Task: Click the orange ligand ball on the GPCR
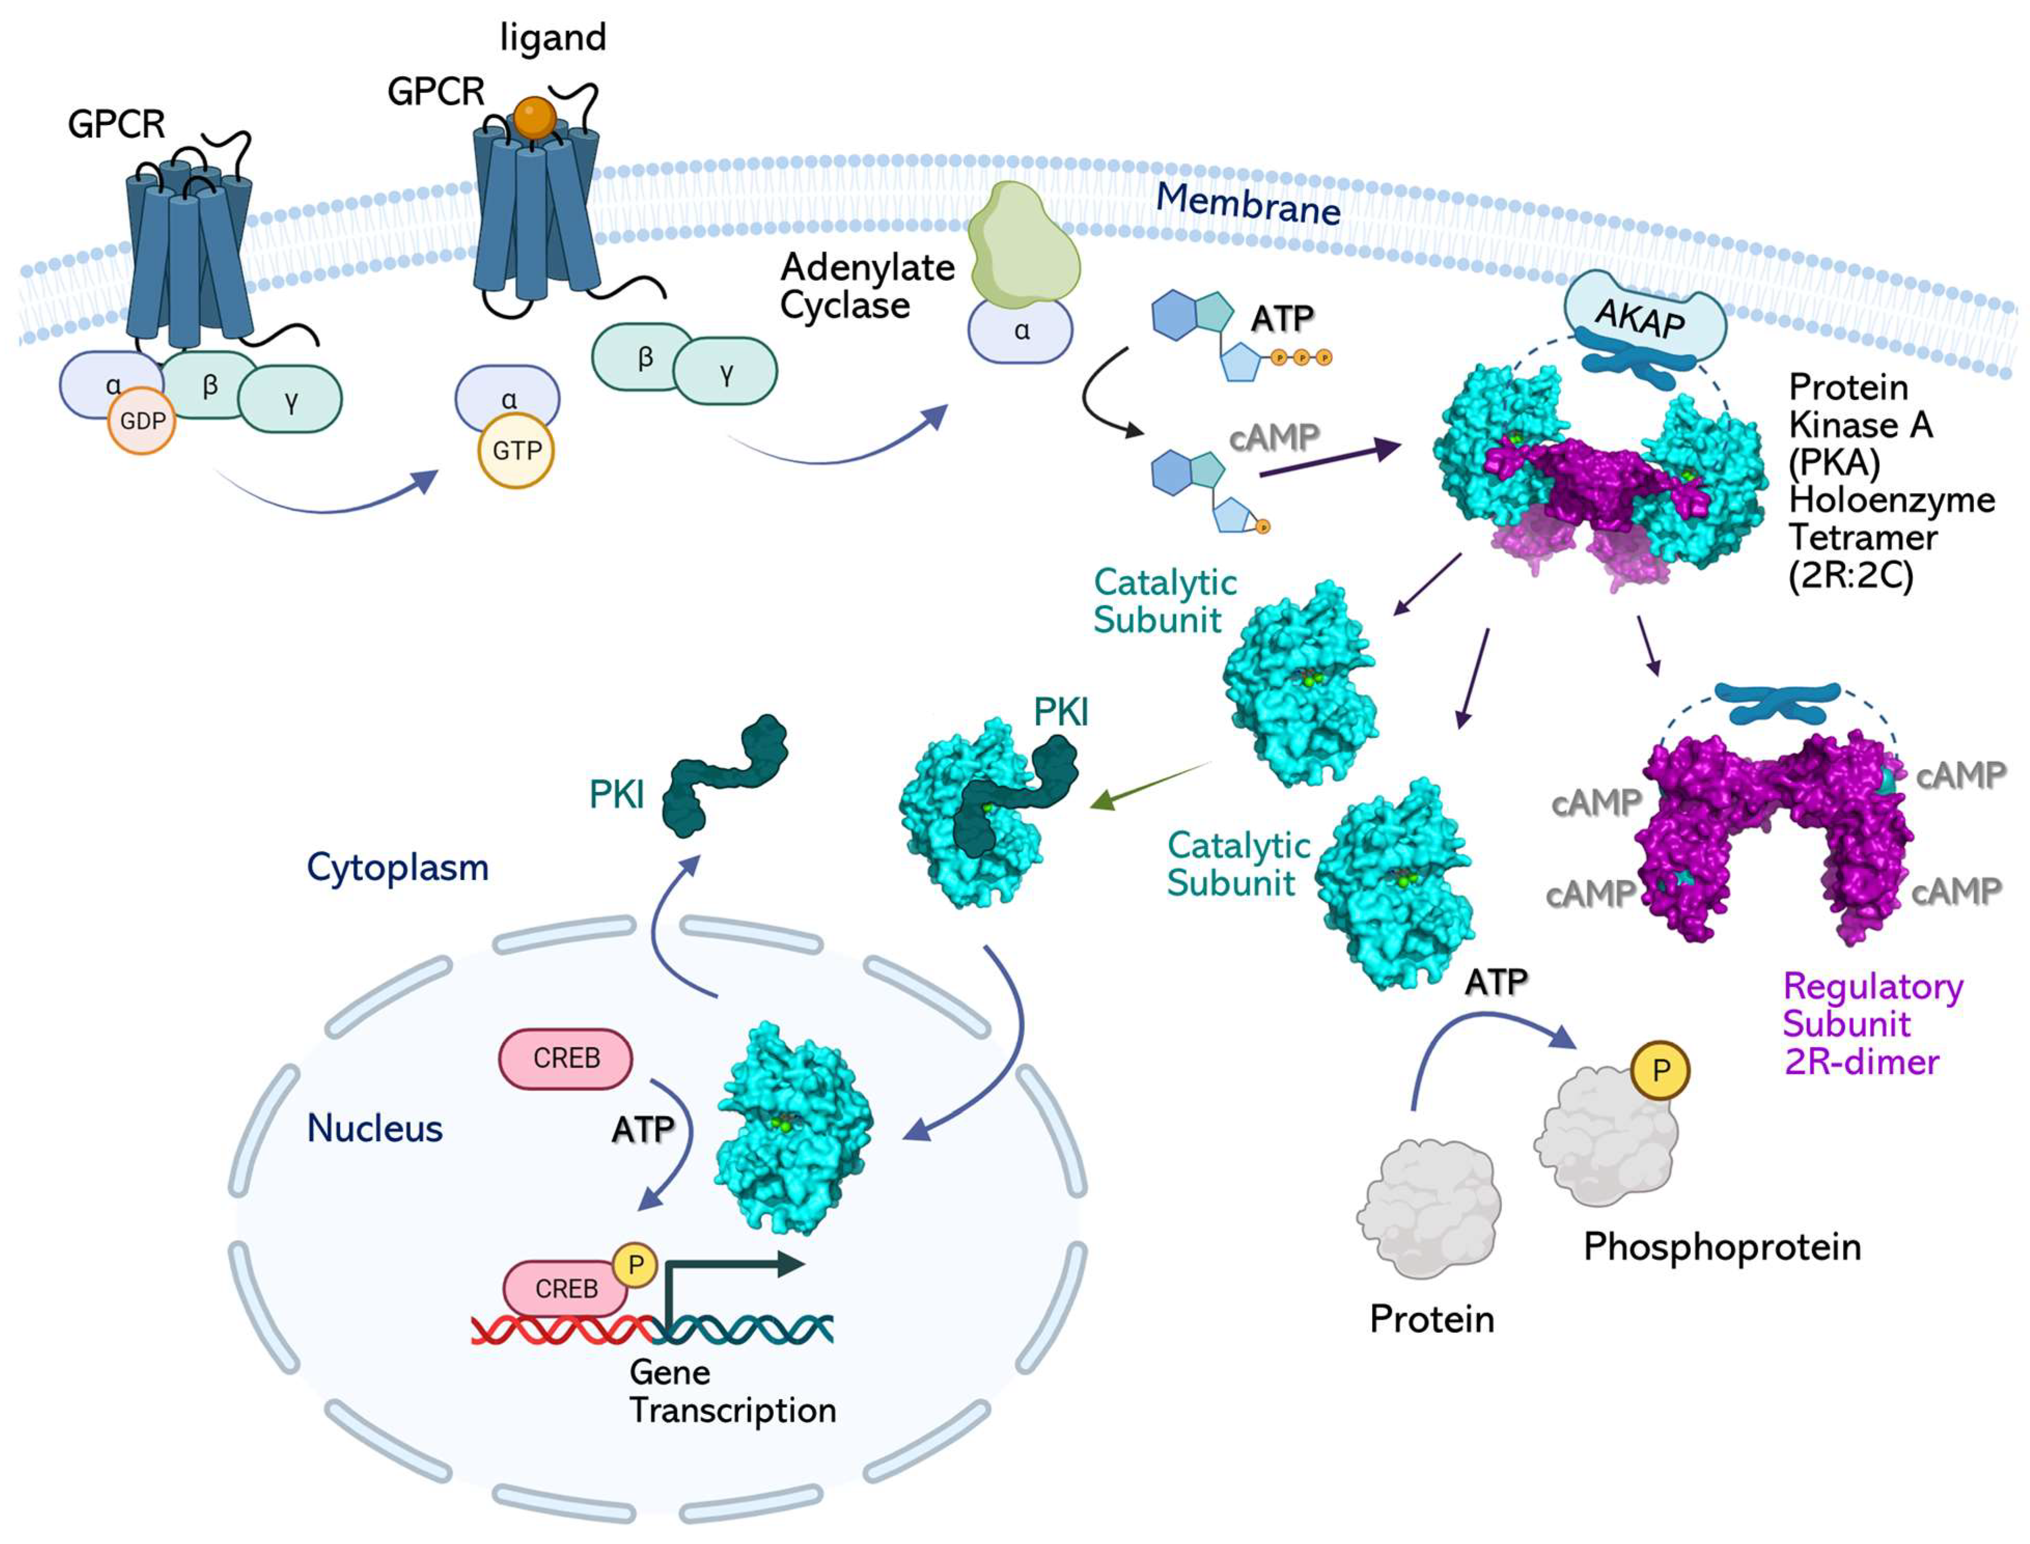(x=535, y=118)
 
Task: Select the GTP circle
(x=516, y=451)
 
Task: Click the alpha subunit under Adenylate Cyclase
(x=1021, y=332)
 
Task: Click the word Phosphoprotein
(x=1721, y=1247)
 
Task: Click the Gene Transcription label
(x=732, y=1391)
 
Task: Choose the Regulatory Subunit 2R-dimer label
(x=1871, y=1024)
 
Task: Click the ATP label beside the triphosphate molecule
(x=1282, y=319)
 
